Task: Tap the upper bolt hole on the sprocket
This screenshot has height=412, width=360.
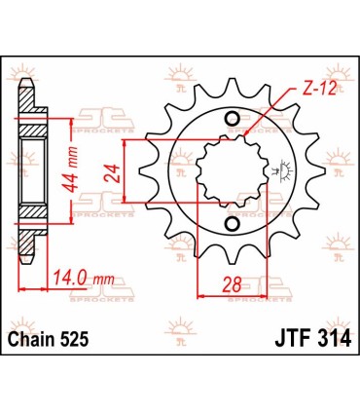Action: click(x=231, y=121)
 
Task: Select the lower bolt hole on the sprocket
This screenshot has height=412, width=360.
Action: click(x=231, y=227)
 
